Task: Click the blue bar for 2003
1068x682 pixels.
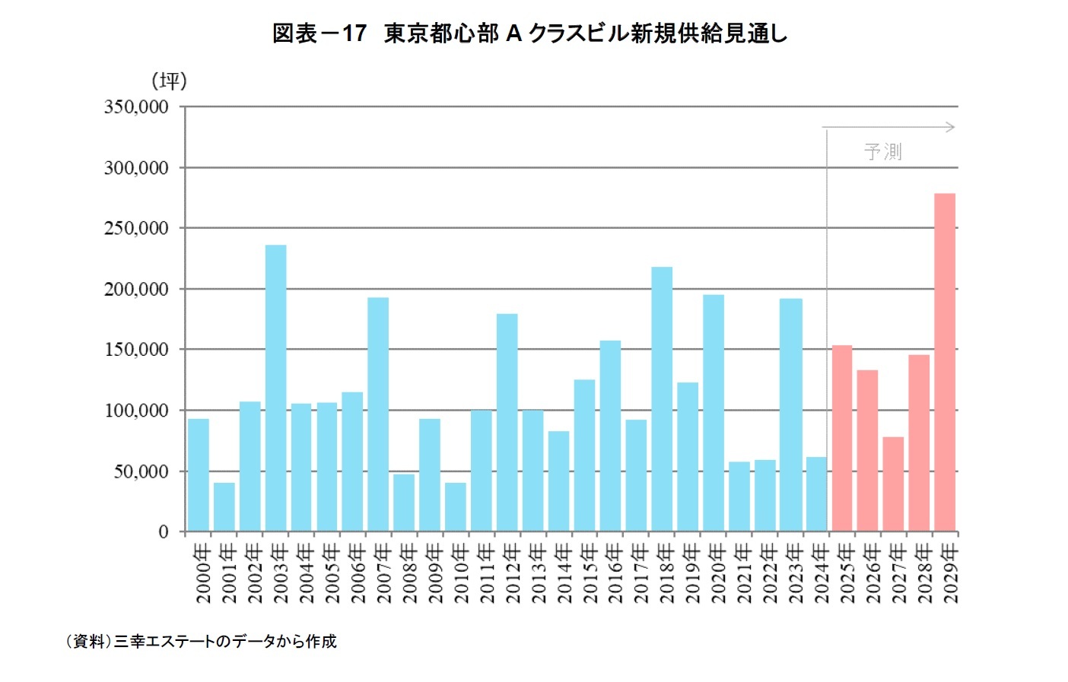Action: (x=275, y=388)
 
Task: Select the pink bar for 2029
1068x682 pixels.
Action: (x=945, y=363)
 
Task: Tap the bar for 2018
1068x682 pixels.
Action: (x=662, y=399)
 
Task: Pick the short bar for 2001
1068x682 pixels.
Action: (x=224, y=507)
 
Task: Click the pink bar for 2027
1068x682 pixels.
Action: (x=893, y=484)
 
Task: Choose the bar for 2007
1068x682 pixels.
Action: (x=378, y=414)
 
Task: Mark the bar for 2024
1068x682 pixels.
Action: (x=816, y=494)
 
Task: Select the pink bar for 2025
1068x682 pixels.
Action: (x=842, y=439)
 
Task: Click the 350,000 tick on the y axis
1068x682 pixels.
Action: (x=136, y=107)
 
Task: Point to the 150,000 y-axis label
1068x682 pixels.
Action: (x=136, y=350)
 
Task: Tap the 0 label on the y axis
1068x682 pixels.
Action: (x=163, y=532)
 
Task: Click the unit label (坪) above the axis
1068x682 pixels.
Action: (x=169, y=81)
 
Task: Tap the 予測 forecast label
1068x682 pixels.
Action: (x=882, y=152)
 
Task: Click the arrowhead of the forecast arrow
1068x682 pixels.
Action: (x=951, y=128)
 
